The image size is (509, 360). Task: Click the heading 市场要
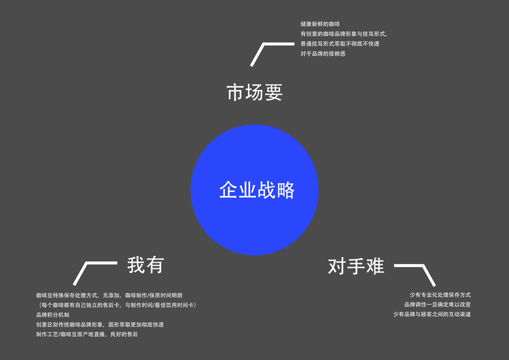[254, 92]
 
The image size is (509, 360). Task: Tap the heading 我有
[145, 265]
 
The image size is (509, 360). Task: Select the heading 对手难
[356, 266]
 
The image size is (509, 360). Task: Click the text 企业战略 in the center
[257, 190]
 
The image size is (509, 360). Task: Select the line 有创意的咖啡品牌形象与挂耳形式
[344, 34]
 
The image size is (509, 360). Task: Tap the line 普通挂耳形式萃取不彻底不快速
[340, 44]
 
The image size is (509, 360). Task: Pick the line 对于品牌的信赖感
[323, 53]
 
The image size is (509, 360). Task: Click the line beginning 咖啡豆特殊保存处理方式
[113, 295]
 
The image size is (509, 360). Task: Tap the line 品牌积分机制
[53, 314]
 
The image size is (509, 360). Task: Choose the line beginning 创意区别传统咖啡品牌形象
[100, 324]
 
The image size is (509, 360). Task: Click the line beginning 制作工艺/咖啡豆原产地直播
[87, 334]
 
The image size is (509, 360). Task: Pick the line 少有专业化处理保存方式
[440, 295]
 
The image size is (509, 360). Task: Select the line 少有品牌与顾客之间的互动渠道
[432, 314]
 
